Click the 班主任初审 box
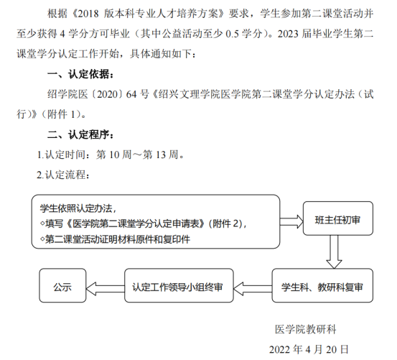337,218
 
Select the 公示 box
62,285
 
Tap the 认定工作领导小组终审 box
179,285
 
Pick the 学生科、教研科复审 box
322,285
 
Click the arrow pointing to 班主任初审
291,221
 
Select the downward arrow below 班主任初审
334,251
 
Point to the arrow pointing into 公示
106,289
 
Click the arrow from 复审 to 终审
253,289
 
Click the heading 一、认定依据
80,74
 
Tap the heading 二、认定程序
80,135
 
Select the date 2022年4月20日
309,349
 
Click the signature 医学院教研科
306,329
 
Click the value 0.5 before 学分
232,34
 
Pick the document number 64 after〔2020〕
131,95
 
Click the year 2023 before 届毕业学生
288,34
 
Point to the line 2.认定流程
63,175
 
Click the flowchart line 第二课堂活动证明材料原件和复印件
115,239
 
